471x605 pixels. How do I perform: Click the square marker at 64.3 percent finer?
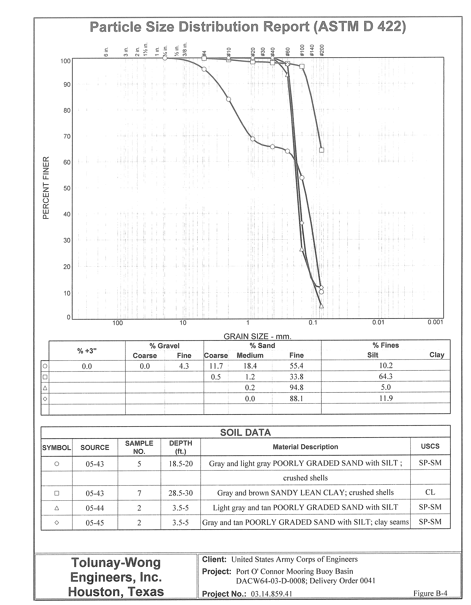tap(321, 150)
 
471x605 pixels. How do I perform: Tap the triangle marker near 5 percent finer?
tap(321, 306)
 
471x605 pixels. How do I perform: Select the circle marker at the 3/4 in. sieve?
tap(165, 58)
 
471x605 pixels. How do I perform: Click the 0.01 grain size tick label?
tap(378, 322)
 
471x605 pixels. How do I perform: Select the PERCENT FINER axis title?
tap(46, 188)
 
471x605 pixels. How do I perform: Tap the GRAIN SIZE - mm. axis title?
tap(257, 337)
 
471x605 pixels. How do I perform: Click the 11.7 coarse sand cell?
tap(216, 366)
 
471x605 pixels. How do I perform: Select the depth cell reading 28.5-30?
tap(181, 493)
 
